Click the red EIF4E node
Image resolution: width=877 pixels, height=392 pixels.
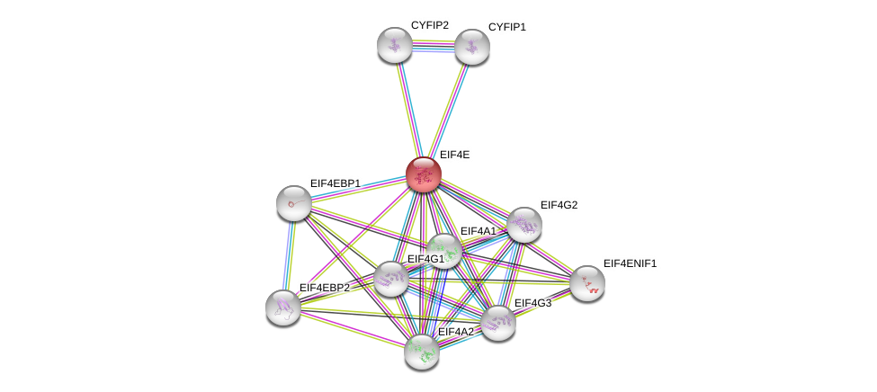click(423, 174)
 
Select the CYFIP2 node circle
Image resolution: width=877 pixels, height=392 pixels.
click(395, 45)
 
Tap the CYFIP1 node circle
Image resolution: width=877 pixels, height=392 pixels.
click(471, 47)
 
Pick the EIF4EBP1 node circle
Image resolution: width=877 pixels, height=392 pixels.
click(293, 203)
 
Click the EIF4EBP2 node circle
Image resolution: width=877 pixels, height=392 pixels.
click(282, 307)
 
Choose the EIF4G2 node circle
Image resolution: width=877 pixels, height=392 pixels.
click(524, 225)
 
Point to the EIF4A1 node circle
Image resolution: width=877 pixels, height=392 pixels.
click(443, 251)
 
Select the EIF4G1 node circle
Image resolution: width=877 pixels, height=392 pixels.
click(390, 279)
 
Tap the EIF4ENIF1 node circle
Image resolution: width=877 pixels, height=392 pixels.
click(586, 283)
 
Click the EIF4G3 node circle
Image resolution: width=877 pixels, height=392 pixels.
click(497, 323)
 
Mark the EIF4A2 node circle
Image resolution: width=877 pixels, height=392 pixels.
click(421, 352)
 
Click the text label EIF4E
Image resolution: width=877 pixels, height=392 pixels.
click(454, 155)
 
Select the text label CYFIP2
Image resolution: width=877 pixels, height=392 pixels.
click(429, 25)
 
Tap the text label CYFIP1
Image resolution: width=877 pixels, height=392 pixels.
click(506, 27)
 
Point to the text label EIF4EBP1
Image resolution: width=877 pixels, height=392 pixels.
click(335, 183)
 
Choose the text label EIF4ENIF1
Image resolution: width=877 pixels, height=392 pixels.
click(630, 263)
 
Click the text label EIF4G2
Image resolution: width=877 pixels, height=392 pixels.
click(559, 205)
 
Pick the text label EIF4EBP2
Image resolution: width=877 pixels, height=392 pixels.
click(324, 288)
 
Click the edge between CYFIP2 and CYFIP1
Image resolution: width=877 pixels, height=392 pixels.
click(433, 46)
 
